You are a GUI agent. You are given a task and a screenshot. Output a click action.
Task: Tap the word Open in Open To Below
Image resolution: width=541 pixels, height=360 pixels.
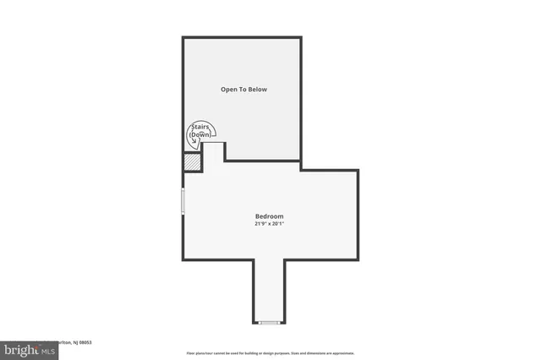[229, 89]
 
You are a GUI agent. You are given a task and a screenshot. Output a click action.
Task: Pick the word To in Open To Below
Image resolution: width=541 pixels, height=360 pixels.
[243, 89]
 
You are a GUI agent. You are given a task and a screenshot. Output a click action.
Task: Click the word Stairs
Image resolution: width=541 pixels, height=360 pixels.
[200, 128]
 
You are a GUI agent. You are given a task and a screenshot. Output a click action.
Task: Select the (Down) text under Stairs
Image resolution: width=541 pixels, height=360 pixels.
[200, 134]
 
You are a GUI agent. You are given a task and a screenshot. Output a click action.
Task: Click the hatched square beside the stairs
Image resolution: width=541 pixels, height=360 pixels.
[193, 161]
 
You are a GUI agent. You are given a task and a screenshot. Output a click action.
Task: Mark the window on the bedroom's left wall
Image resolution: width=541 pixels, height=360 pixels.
[183, 200]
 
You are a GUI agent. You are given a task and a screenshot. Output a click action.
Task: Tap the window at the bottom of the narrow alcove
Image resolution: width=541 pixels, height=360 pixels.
[270, 322]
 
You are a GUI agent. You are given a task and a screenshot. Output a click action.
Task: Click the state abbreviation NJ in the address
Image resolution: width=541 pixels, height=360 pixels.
[71, 342]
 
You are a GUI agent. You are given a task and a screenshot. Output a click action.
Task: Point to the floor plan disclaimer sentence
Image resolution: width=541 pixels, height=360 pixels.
[270, 353]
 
